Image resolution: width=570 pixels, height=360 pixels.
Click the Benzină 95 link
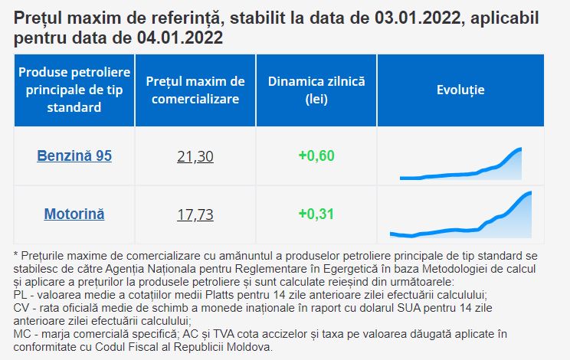(x=74, y=155)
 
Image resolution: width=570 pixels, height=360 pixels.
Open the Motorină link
(x=74, y=214)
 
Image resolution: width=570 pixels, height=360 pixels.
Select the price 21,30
(x=195, y=156)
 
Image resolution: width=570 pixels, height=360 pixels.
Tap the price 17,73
(x=195, y=214)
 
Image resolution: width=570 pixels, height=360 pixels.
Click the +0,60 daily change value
(x=316, y=155)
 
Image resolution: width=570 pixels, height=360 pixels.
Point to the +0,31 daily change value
(x=316, y=214)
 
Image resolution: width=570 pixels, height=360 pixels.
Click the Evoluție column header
(x=460, y=90)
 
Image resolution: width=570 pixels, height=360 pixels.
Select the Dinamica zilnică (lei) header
(x=316, y=90)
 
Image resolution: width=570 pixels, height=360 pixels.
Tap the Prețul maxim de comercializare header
(x=195, y=90)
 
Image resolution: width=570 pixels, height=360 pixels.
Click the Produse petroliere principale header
(x=74, y=90)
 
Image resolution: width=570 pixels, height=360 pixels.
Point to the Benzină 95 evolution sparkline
(x=460, y=164)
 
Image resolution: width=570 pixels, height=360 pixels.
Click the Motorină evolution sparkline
(x=460, y=214)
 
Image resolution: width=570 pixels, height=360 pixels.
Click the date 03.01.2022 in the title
(x=418, y=18)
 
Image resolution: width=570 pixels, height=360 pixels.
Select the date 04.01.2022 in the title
(x=180, y=38)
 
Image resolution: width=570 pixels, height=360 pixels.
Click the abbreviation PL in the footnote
(x=20, y=295)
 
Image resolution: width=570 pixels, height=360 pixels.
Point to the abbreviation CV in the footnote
(x=21, y=308)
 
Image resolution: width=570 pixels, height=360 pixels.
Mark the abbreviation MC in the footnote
(x=21, y=334)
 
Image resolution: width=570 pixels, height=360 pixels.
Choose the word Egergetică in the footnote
(x=351, y=269)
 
